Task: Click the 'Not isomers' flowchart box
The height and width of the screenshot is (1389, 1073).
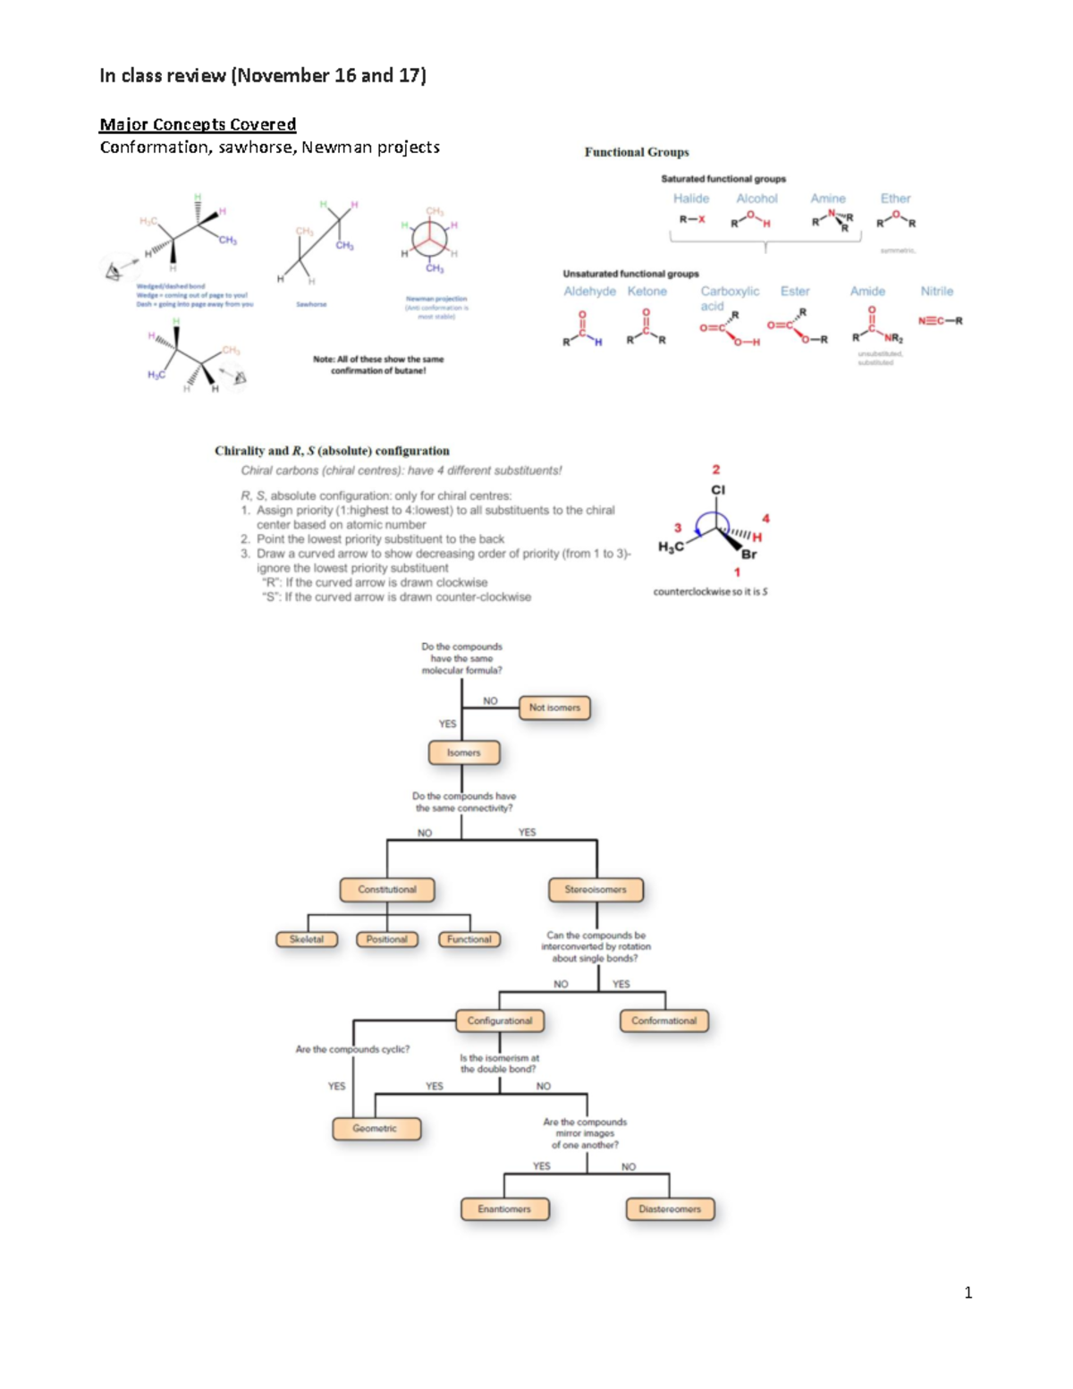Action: click(x=554, y=707)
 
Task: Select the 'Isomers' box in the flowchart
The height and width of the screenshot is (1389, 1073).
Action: click(x=463, y=753)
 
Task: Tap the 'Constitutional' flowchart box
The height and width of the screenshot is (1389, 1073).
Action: click(x=387, y=890)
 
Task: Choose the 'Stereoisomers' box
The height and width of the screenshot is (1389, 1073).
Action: click(x=596, y=890)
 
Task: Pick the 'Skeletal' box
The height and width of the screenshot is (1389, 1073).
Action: click(x=307, y=939)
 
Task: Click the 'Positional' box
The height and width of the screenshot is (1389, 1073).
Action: click(x=386, y=939)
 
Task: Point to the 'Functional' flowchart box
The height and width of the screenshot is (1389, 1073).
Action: click(x=469, y=939)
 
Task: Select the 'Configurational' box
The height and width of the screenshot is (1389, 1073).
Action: click(x=499, y=1021)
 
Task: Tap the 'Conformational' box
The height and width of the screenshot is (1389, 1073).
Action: click(x=663, y=1021)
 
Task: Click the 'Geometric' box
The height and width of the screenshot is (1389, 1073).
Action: click(x=375, y=1129)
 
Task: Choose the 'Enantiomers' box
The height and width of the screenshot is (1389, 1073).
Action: click(x=504, y=1209)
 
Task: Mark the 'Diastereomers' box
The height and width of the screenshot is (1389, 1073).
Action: click(x=670, y=1209)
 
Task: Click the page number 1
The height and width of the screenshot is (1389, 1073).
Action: click(x=968, y=1292)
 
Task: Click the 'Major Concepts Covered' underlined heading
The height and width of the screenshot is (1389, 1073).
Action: click(x=198, y=124)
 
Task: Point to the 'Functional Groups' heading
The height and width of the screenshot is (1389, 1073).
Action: click(x=637, y=152)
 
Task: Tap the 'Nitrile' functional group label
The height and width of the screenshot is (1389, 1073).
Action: click(x=937, y=292)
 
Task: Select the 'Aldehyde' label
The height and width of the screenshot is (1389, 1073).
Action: click(x=589, y=292)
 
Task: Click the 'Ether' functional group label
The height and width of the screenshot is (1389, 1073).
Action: click(x=895, y=199)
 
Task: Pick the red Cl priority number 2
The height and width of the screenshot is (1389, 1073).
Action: click(x=716, y=470)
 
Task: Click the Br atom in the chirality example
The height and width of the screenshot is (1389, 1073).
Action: click(x=749, y=555)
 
